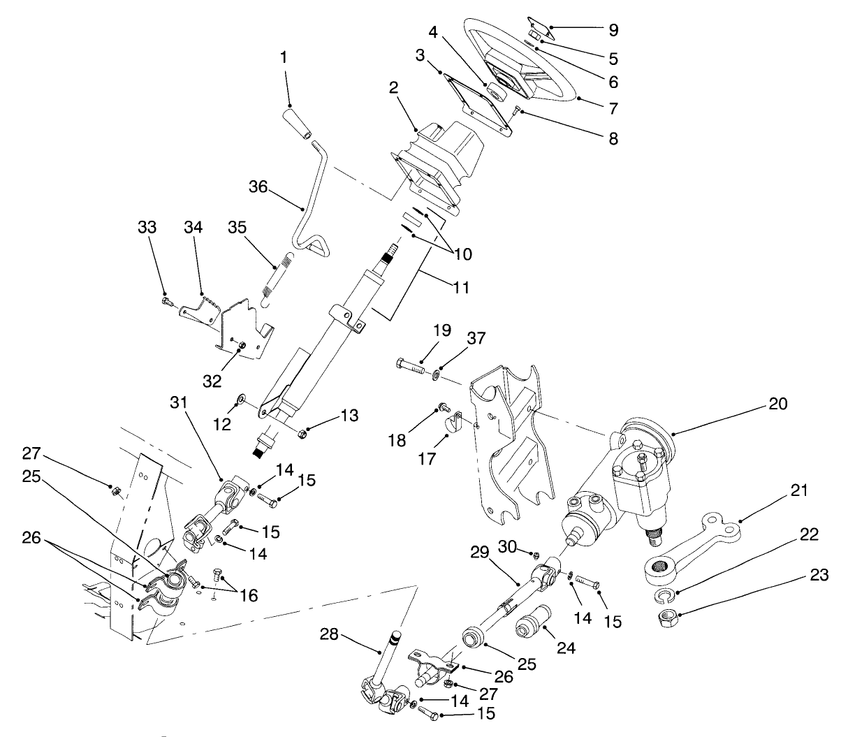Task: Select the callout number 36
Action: click(x=260, y=187)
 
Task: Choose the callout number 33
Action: click(x=147, y=228)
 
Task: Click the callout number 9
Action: click(x=613, y=30)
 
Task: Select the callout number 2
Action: click(x=394, y=88)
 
